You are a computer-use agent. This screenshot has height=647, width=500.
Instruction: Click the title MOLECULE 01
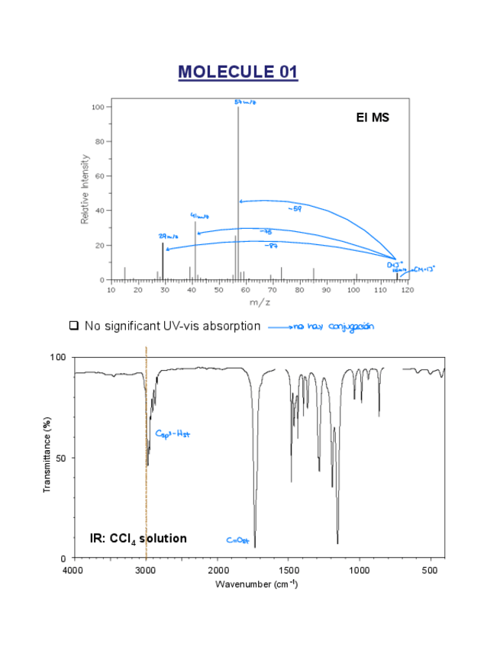[x=237, y=72]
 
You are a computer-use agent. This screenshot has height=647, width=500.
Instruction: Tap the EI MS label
[x=373, y=117]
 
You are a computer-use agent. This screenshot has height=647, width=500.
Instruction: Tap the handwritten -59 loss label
[x=294, y=208]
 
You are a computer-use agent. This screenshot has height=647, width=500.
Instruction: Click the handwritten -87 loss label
[x=270, y=246]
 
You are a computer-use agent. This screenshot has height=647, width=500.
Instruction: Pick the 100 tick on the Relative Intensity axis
[x=97, y=107]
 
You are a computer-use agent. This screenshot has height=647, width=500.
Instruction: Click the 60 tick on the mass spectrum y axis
[x=99, y=176]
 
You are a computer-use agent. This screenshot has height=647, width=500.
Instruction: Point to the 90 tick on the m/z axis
[x=327, y=290]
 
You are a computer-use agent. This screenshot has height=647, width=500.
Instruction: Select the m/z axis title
[x=260, y=302]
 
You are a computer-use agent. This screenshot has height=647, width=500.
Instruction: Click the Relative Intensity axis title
[x=85, y=189]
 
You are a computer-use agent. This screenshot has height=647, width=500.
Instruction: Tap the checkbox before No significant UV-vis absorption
[x=74, y=326]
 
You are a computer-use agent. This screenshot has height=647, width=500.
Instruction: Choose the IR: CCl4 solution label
[x=137, y=538]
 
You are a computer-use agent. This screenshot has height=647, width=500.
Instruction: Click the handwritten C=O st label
[x=237, y=540]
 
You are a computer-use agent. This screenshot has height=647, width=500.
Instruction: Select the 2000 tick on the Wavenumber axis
[x=218, y=569]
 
